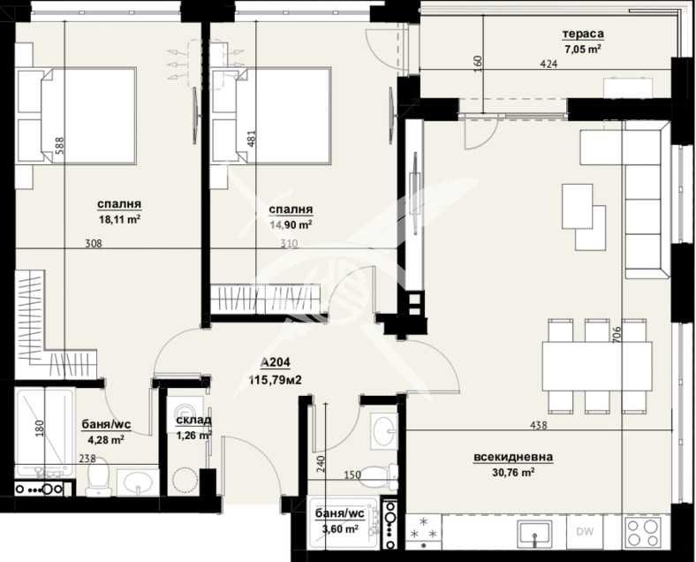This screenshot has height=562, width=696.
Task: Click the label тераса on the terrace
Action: tap(583, 35)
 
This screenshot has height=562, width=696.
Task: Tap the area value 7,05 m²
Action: tap(583, 49)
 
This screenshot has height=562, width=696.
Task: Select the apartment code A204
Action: tap(276, 362)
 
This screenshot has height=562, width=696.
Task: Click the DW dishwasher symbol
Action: tap(585, 531)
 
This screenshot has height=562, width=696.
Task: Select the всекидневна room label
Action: tap(513, 457)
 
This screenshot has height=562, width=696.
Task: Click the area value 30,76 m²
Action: tap(513, 473)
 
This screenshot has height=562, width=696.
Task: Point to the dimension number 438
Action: tap(537, 426)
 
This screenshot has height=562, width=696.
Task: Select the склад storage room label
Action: tap(193, 421)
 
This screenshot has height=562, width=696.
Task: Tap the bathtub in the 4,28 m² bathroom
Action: tap(44, 433)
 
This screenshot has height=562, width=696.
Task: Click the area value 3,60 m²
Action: tap(339, 528)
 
